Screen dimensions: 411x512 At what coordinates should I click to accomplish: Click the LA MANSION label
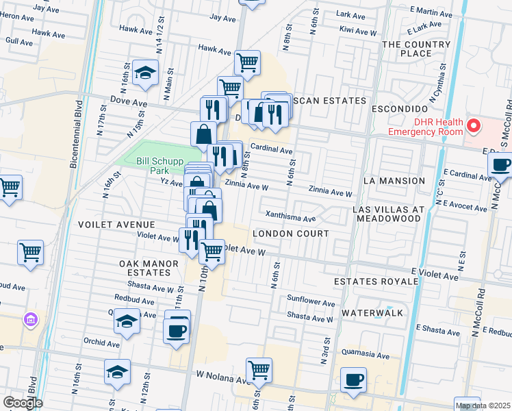coord(395,181)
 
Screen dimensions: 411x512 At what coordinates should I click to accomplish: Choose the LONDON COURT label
coord(291,234)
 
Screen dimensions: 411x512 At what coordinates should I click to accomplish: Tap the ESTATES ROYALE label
coord(376,282)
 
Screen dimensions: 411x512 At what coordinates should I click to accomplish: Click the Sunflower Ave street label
coord(311,302)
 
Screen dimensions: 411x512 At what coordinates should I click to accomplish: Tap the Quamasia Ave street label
coord(366,356)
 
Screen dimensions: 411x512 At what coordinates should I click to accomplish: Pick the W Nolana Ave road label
coord(225,375)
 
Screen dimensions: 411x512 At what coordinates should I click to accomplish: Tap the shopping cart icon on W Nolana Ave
coord(259,370)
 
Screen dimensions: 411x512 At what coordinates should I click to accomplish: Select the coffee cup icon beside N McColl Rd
coord(501,164)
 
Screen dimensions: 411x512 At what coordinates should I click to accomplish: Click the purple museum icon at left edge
coord(30,319)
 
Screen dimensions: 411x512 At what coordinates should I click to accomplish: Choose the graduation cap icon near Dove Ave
coord(145,73)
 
